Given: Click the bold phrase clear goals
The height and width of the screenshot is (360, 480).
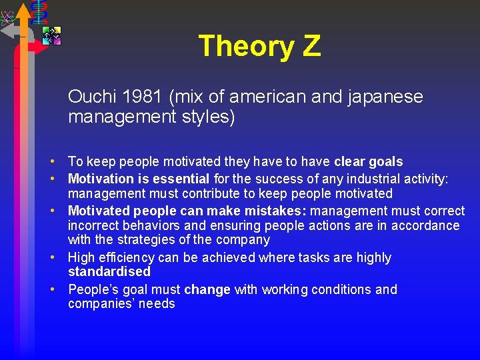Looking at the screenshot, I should tap(368, 161).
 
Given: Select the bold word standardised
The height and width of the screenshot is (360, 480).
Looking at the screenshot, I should tap(109, 271).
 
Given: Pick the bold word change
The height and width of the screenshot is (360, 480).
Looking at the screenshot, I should tap(207, 289).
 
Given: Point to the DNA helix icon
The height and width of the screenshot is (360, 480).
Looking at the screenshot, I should tap(39, 11).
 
